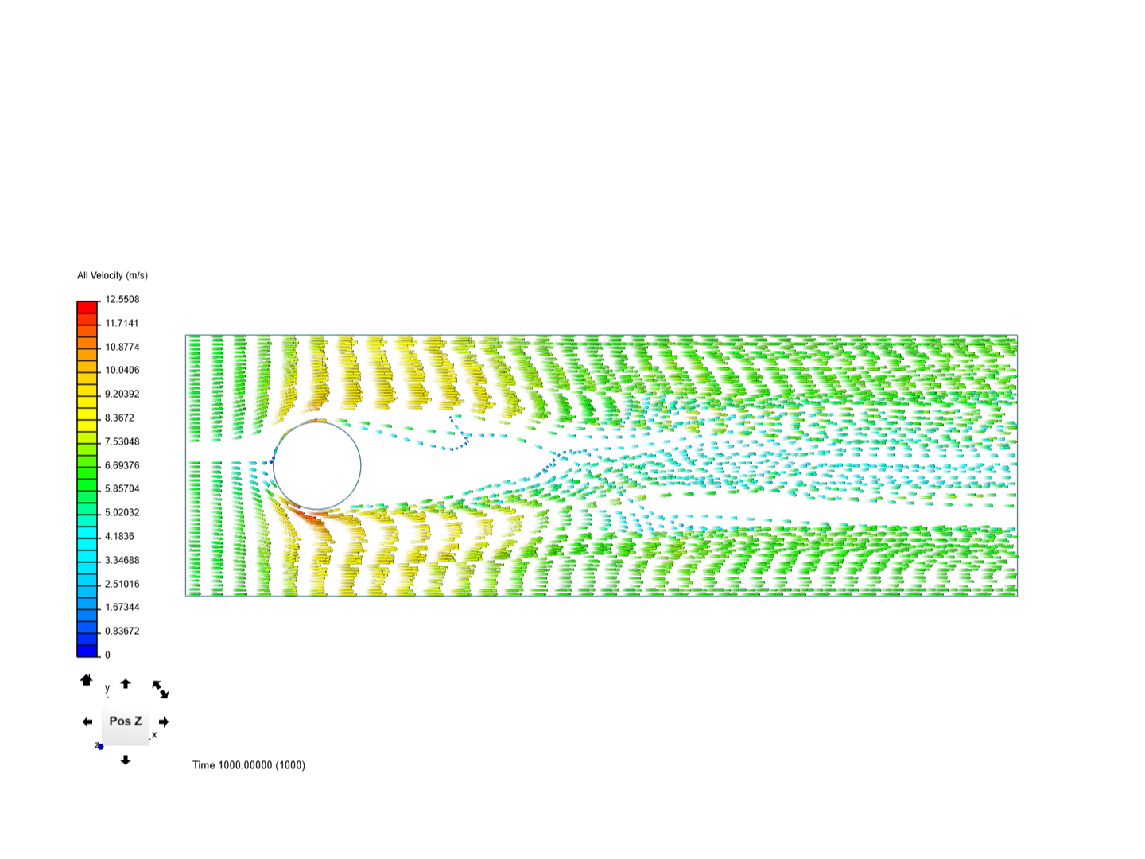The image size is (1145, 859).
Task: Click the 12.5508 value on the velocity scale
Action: [122, 299]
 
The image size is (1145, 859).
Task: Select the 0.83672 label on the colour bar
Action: [122, 631]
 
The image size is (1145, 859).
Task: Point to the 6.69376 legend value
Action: [122, 465]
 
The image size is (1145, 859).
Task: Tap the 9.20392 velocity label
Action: [122, 394]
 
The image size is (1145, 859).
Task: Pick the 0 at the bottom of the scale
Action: [107, 655]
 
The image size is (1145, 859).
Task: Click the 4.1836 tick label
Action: [119, 536]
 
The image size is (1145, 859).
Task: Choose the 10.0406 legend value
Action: [122, 371]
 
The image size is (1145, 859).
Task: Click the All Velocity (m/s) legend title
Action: [112, 275]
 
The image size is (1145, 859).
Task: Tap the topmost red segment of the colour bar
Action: [87, 307]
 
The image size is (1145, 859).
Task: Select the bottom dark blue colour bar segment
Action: [87, 651]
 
